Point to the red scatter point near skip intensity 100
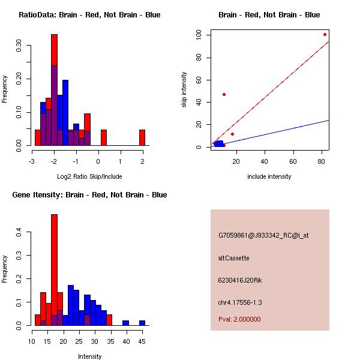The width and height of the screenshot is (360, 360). [x=325, y=34]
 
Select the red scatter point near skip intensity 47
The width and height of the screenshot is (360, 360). [x=224, y=94]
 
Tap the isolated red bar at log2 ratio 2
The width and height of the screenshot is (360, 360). [x=142, y=137]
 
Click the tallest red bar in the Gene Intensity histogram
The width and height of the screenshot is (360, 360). [x=54, y=270]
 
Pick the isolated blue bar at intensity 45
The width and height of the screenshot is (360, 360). [x=142, y=323]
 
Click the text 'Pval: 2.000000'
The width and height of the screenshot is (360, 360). [x=239, y=319]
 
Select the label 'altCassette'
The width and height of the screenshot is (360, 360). [x=233, y=258]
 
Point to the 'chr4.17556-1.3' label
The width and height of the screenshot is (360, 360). [x=240, y=302]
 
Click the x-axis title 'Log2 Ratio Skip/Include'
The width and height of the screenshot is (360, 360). [x=89, y=176]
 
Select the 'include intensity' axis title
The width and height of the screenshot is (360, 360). [x=269, y=176]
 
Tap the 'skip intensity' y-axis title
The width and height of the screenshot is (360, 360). [x=185, y=90]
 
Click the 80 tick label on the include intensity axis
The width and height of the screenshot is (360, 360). [x=322, y=161]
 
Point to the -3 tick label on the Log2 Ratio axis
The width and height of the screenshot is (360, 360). [x=31, y=161]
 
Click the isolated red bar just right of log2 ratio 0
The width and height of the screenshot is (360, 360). [x=103, y=137]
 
